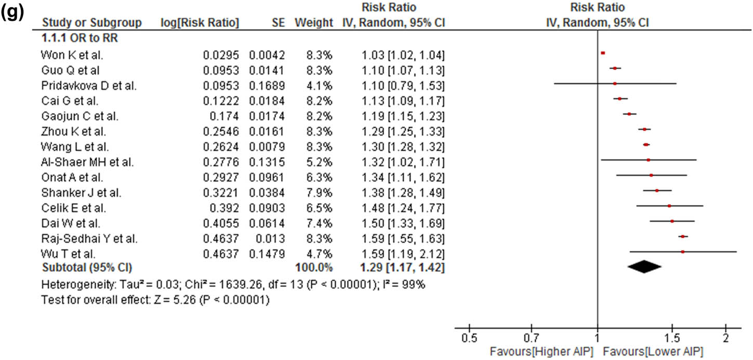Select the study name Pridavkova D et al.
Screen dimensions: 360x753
pyautogui.click(x=89, y=85)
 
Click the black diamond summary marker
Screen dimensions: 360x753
pyautogui.click(x=644, y=266)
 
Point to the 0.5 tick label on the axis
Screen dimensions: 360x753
pyautogui.click(x=469, y=339)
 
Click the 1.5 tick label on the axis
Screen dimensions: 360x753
pyautogui.click(x=671, y=339)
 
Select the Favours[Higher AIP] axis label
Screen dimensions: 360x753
pyautogui.click(x=541, y=351)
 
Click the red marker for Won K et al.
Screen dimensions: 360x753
pyautogui.click(x=603, y=53)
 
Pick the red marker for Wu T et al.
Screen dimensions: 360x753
pyautogui.click(x=682, y=251)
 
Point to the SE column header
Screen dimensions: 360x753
pyautogui.click(x=279, y=23)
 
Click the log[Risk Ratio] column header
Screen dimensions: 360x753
pyautogui.click(x=200, y=23)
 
